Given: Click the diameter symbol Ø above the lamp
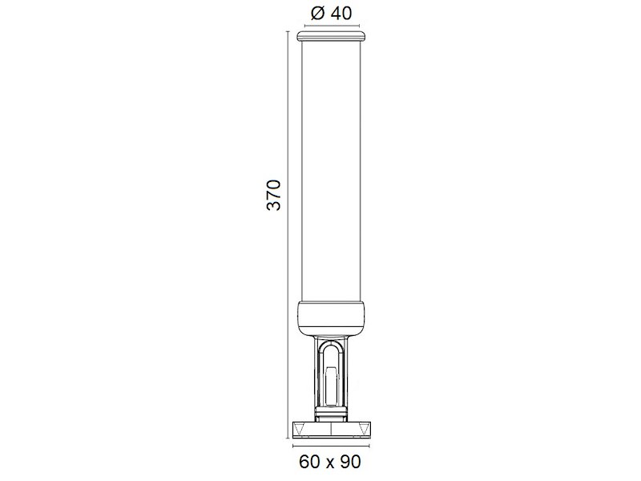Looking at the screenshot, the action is click(x=317, y=13).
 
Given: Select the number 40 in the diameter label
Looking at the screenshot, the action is click(x=341, y=13).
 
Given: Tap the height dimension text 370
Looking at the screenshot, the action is click(x=274, y=195).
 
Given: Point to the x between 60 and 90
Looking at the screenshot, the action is click(x=330, y=463).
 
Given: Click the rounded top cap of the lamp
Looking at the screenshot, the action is click(x=331, y=35).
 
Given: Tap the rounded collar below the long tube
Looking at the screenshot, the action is click(x=331, y=317).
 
